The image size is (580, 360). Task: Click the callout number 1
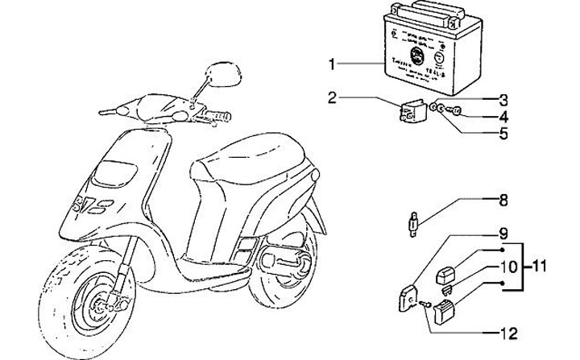coord(332,63)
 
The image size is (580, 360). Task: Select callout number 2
coord(332,97)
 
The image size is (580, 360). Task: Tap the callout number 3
coord(503,100)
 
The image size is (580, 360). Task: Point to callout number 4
coord(503,117)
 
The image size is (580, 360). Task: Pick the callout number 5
coord(503,133)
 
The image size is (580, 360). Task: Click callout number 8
coord(503,198)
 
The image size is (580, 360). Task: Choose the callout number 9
coord(503,234)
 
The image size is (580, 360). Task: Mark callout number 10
coord(503,266)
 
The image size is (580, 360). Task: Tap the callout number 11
coord(542,265)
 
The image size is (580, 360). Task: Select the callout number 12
coord(503,332)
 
